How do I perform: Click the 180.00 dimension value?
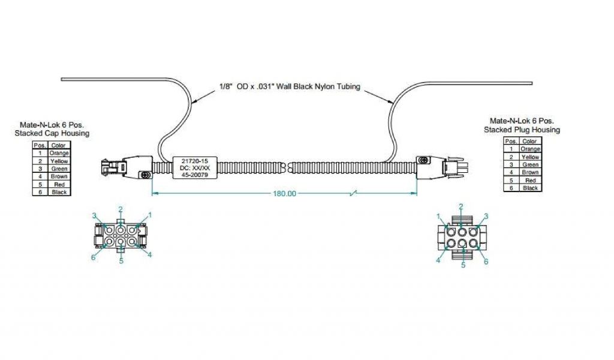tap(285, 194)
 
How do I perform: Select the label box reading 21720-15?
tap(196, 168)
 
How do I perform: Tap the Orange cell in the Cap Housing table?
tap(59, 153)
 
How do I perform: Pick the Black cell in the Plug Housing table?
tap(530, 188)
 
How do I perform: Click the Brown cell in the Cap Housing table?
tap(59, 176)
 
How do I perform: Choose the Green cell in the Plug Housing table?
tap(530, 164)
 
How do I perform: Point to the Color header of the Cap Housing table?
tap(59, 145)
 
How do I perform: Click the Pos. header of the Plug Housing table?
tap(511, 141)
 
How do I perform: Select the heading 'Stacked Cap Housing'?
tap(52, 133)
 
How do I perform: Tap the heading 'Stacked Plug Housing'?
tap(522, 130)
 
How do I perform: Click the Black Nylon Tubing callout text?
tap(288, 86)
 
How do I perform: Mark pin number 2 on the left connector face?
tap(121, 209)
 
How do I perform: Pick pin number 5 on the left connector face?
tap(121, 260)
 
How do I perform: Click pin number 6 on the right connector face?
tap(486, 262)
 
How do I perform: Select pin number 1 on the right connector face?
tap(439, 216)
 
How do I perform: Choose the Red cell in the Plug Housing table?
tap(530, 180)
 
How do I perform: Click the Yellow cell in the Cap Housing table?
tap(59, 161)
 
